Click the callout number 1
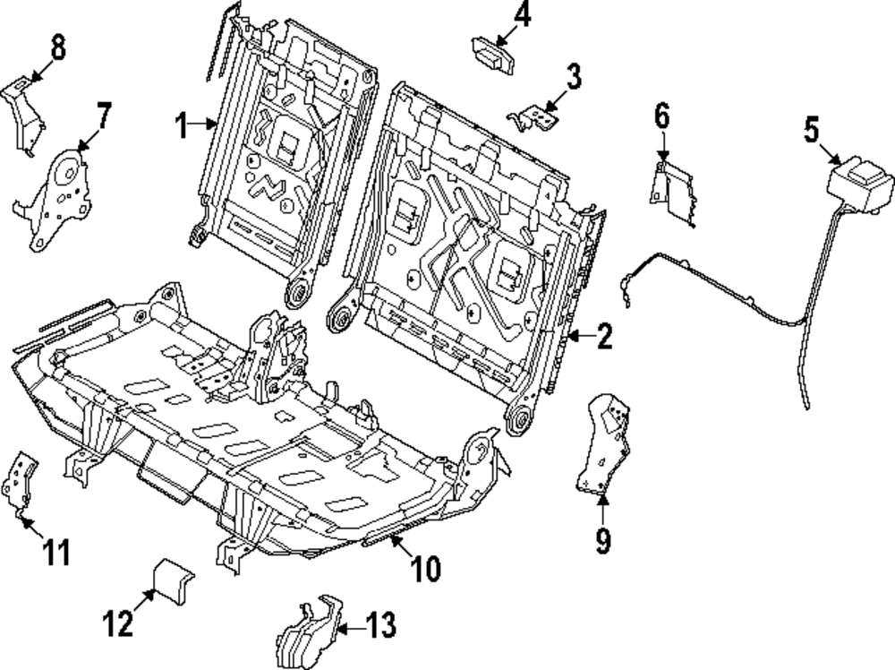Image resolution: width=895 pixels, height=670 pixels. [x=182, y=126]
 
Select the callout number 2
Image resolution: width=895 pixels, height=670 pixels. [x=604, y=338]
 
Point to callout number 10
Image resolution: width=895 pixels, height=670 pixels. [x=426, y=568]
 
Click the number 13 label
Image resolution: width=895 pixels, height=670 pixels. [x=383, y=623]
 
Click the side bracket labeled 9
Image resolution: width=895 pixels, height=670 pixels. [x=604, y=444]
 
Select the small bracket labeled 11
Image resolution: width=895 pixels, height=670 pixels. [x=21, y=484]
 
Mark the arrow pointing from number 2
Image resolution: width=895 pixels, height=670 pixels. [x=580, y=337]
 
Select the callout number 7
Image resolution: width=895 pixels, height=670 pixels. [x=104, y=116]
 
